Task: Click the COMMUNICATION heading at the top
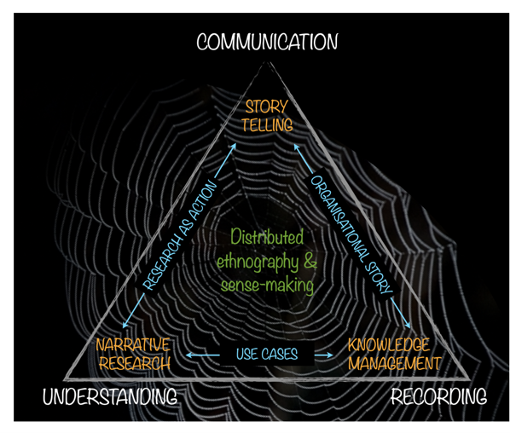click(x=267, y=42)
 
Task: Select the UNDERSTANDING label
click(x=110, y=397)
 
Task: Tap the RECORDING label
click(x=438, y=396)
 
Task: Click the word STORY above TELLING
click(x=266, y=107)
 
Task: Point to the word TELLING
click(x=266, y=124)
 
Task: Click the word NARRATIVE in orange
click(x=132, y=345)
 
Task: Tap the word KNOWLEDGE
click(x=390, y=345)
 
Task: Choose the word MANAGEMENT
click(x=393, y=363)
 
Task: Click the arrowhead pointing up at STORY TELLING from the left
click(x=235, y=146)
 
